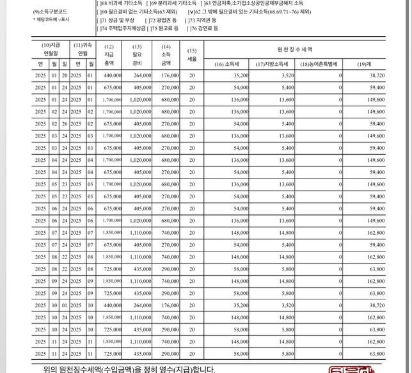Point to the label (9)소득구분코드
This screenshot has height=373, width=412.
49,12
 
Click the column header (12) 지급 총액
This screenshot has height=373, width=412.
109,54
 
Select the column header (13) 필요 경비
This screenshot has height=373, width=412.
136,54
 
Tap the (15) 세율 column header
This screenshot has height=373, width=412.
192,54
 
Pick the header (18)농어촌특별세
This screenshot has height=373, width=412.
319,65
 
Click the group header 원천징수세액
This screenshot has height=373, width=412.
295,49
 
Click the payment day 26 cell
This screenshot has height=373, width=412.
64,123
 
